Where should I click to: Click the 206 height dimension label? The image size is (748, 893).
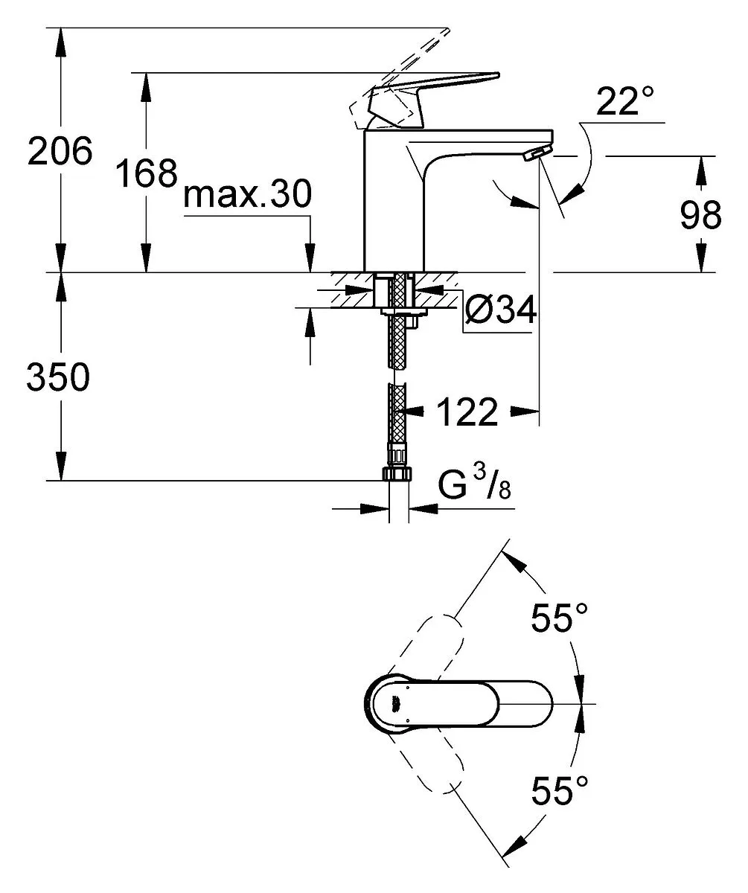pyautogui.click(x=60, y=150)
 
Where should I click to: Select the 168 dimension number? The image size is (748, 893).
pyautogui.click(x=147, y=173)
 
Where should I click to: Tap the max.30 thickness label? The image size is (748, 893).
pyautogui.click(x=248, y=193)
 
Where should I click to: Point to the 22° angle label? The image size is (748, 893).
pyautogui.click(x=625, y=101)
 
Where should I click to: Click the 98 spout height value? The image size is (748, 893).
pyautogui.click(x=700, y=215)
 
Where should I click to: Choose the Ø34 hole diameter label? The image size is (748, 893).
pyautogui.click(x=501, y=309)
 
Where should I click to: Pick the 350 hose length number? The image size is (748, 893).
pyautogui.click(x=58, y=377)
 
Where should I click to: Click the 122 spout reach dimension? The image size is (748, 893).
pyautogui.click(x=467, y=412)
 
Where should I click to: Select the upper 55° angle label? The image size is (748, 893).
pyautogui.click(x=560, y=617)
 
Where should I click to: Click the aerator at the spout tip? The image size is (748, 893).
pyautogui.click(x=537, y=153)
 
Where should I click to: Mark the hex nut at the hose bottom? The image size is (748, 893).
pyautogui.click(x=397, y=474)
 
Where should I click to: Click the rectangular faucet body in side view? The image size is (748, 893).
pyautogui.click(x=394, y=200)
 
